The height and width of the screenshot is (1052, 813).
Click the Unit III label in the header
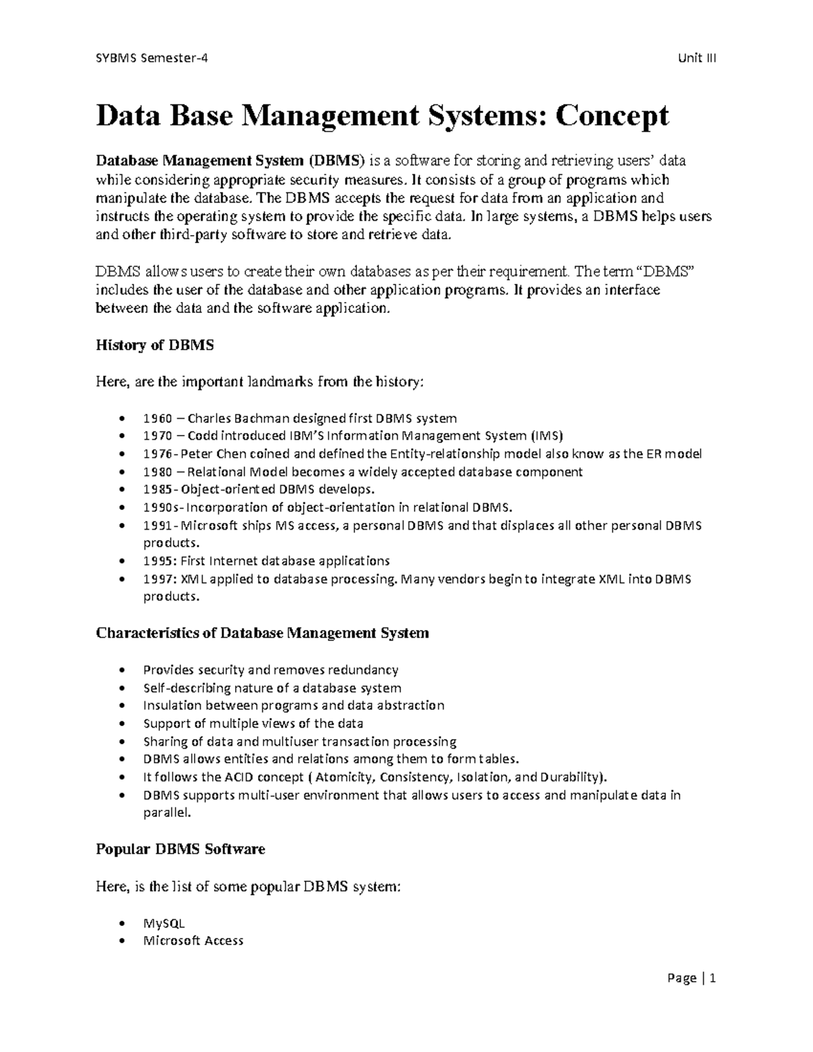pos(697,58)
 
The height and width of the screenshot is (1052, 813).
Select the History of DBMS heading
pos(154,345)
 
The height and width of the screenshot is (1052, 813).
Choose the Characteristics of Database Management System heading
pos(262,633)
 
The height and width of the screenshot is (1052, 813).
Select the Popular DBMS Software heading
pos(180,849)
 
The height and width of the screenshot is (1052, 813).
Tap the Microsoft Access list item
pos(193,941)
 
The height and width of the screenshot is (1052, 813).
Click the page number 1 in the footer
pos(713,978)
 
